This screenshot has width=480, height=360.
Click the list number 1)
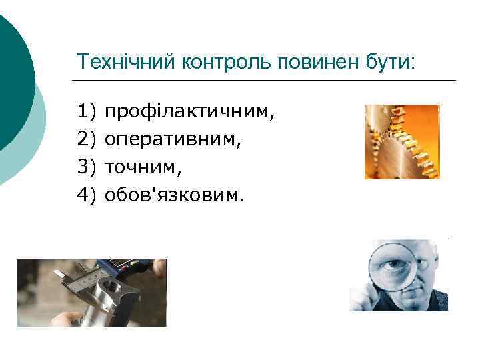pos(87,110)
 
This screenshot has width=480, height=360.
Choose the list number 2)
pos(87,139)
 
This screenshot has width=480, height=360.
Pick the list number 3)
pos(87,167)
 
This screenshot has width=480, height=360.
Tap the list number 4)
pos(87,195)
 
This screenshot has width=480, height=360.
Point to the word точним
pos(143,167)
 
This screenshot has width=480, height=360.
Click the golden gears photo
pos(402,142)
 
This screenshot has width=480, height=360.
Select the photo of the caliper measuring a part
pos(92,292)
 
